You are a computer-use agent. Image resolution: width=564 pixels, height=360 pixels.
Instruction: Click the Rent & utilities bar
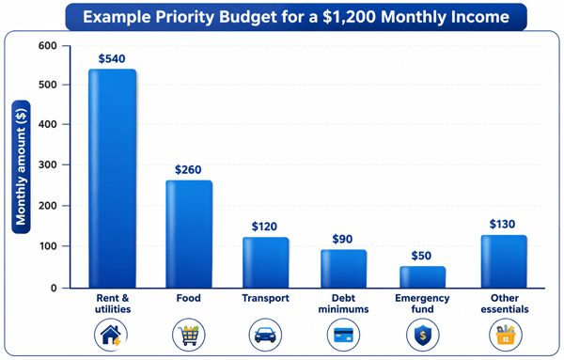coord(112,179)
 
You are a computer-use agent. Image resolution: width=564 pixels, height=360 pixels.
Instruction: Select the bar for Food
coord(189,234)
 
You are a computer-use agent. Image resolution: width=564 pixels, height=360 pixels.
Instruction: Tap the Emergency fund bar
coord(422,277)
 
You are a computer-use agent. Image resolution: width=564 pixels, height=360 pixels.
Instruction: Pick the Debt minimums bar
coord(343,269)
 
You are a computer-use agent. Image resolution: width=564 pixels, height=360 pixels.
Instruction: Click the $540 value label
coord(112,58)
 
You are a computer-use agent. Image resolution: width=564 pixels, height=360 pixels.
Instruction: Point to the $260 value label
coord(188,169)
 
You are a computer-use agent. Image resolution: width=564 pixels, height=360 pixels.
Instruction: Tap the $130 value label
coord(502,224)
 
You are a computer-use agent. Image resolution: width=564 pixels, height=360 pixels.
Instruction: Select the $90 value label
coord(342,239)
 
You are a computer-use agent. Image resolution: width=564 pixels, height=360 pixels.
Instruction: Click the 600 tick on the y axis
coord(48,46)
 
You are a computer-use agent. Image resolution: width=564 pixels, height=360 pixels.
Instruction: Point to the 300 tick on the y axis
coord(48,164)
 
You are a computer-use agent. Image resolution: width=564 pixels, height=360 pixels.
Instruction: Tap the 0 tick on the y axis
coord(54,288)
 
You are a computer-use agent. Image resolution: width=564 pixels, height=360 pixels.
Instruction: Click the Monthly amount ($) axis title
coord(21,167)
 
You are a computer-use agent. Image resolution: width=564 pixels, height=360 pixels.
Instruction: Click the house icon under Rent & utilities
coord(111,335)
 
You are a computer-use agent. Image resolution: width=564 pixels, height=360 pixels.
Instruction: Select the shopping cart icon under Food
coord(189,335)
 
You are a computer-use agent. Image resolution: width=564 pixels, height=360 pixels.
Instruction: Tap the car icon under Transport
coord(265,335)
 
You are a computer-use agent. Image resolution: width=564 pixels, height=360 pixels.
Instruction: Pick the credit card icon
coord(343,335)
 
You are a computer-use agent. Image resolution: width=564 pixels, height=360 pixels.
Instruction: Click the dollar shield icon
coord(423,335)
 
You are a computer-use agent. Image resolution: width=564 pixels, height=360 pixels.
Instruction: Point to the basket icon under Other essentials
coord(506,335)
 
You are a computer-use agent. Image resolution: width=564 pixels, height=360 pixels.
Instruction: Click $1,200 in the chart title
coord(349,17)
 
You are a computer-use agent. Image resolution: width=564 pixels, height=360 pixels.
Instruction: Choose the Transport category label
coord(265,298)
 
